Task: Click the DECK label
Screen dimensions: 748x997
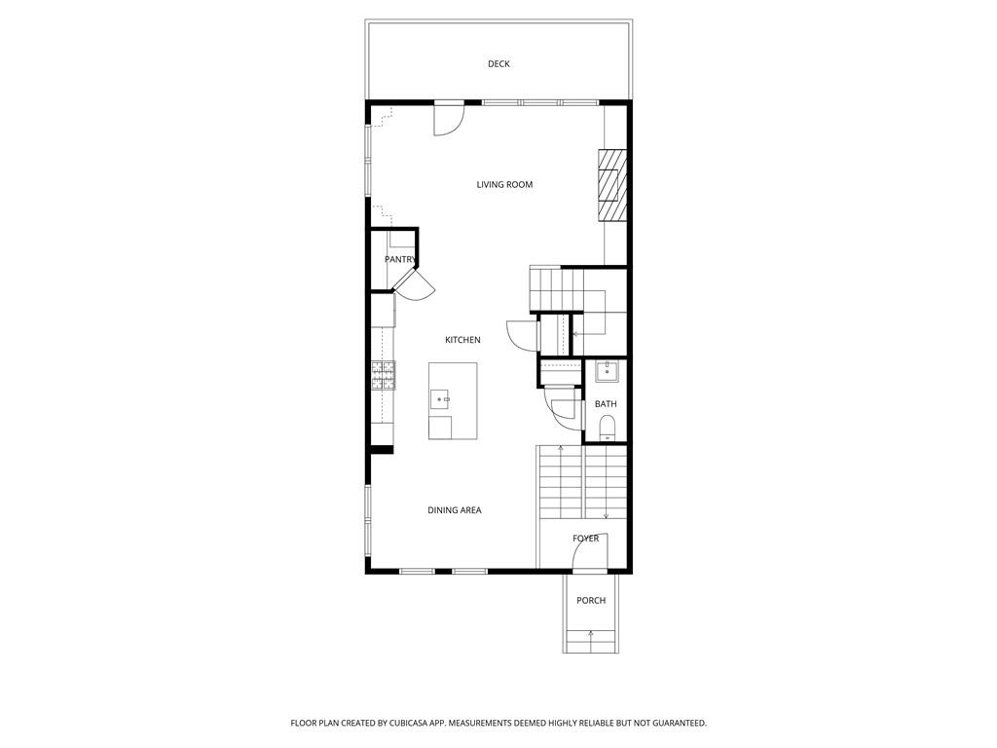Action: pyautogui.click(x=498, y=64)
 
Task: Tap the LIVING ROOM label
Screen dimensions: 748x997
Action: pyautogui.click(x=504, y=184)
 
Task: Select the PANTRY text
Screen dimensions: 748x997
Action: pyautogui.click(x=400, y=259)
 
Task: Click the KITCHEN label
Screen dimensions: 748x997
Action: pyautogui.click(x=462, y=340)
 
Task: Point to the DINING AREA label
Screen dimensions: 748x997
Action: pyautogui.click(x=455, y=510)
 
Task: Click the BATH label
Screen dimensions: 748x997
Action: pyautogui.click(x=606, y=403)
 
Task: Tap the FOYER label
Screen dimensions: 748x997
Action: pyautogui.click(x=586, y=539)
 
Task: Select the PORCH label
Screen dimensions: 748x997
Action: pyautogui.click(x=591, y=600)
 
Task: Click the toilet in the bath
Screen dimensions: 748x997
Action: pyautogui.click(x=607, y=426)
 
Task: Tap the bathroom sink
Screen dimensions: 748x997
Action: pyautogui.click(x=607, y=370)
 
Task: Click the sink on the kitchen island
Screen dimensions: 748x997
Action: pyautogui.click(x=441, y=398)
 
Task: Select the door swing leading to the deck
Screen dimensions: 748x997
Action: pyautogui.click(x=449, y=119)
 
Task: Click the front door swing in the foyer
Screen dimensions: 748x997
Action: pyautogui.click(x=590, y=553)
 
